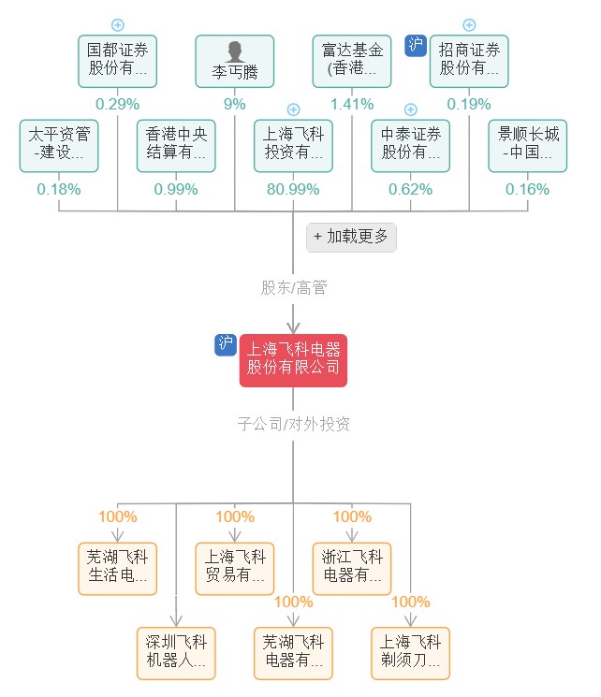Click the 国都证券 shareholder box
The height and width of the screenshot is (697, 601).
[117, 61]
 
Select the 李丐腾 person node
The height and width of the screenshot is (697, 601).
[234, 61]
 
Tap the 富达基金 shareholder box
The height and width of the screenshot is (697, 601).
[352, 61]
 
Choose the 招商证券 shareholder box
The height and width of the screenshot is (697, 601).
[469, 61]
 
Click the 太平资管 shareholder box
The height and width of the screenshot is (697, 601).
[59, 145]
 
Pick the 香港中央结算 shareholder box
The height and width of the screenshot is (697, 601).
[176, 145]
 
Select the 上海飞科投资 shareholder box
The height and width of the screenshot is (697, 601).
[293, 145]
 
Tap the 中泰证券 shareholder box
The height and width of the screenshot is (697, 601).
[410, 145]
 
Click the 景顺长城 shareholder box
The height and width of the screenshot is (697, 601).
[527, 145]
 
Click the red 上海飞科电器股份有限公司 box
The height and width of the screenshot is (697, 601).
[293, 360]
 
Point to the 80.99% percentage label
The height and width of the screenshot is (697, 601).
[293, 189]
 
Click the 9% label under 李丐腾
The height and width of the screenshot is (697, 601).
[234, 104]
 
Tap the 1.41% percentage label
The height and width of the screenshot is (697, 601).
[352, 104]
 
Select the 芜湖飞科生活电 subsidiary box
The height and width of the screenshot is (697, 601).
[117, 568]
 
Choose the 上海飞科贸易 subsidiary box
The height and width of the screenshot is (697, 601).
[234, 568]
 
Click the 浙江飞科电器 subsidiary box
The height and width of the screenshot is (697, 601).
[352, 568]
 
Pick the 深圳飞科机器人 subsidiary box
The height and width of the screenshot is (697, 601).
[176, 652]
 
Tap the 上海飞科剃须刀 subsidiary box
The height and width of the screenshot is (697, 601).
[410, 652]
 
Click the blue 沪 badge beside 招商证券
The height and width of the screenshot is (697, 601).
[416, 45]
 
